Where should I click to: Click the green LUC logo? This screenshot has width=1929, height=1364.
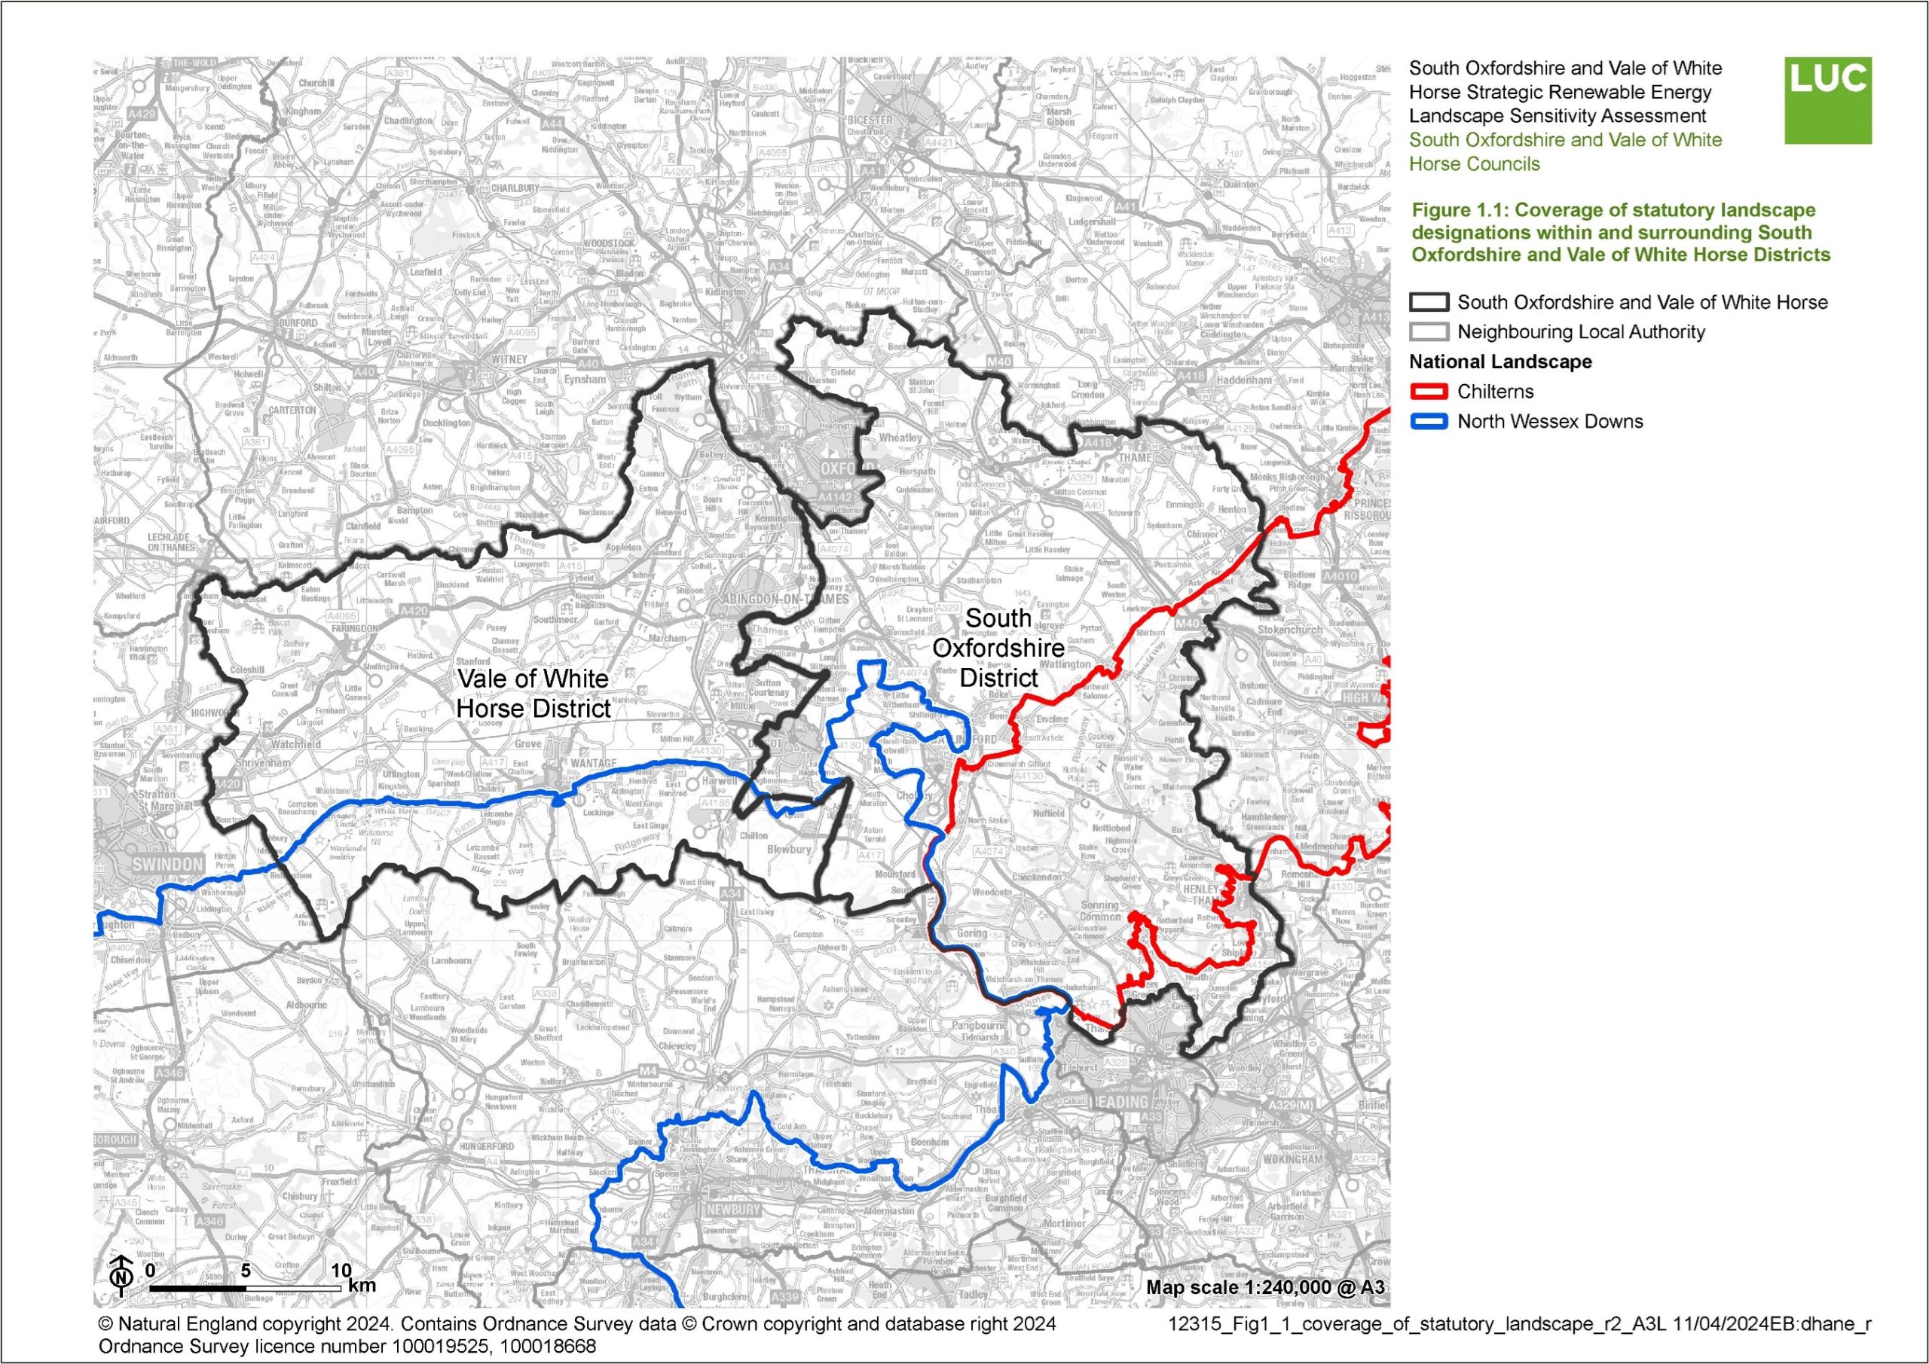(1827, 100)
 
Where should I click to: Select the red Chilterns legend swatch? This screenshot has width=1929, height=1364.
(1428, 392)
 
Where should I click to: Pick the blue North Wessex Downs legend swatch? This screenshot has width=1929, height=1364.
(1428, 422)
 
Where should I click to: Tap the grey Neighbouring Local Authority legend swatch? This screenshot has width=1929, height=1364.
(1428, 331)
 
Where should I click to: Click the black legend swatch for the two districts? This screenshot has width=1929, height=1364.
(1428, 302)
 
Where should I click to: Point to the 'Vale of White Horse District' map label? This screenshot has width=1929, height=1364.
(533, 693)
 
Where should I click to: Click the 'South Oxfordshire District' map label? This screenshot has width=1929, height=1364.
(998, 648)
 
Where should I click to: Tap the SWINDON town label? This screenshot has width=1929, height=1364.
(167, 864)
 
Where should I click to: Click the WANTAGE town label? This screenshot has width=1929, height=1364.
(594, 764)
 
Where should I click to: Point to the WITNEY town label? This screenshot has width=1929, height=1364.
(509, 359)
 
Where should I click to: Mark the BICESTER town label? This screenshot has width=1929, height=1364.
(870, 120)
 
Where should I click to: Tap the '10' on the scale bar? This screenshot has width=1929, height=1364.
(341, 1269)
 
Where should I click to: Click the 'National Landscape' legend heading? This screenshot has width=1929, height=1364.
(1500, 362)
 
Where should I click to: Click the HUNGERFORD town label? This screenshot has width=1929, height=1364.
(487, 1146)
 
